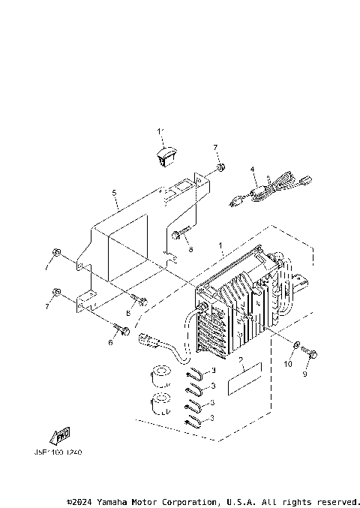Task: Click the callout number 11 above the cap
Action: coord(160,132)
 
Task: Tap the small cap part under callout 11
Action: coord(164,155)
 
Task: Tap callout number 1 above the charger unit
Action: coord(220,246)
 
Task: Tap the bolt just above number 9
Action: coord(313,352)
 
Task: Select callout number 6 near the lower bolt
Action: coord(110,342)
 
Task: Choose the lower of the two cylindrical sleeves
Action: coord(160,404)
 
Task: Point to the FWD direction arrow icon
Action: coord(59,435)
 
